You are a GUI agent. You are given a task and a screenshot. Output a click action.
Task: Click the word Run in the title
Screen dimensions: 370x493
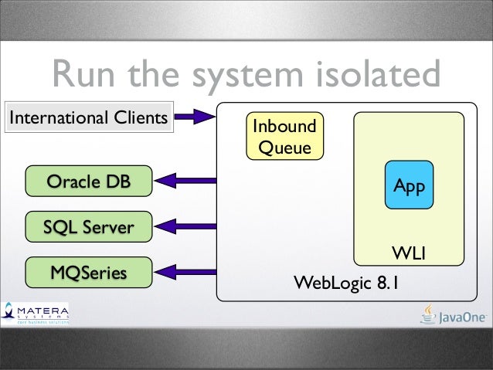(x=87, y=76)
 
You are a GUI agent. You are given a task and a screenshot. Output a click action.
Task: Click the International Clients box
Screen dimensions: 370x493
(x=88, y=118)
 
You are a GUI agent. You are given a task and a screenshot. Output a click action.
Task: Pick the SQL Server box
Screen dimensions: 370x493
(x=88, y=227)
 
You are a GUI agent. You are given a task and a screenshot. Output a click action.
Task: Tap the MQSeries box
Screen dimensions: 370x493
(x=88, y=272)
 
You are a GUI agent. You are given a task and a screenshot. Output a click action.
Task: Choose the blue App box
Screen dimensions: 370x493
(x=409, y=185)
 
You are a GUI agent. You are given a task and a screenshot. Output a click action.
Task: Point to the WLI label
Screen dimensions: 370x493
(x=410, y=253)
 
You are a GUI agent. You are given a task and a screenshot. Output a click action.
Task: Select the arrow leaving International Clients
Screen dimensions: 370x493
(x=195, y=117)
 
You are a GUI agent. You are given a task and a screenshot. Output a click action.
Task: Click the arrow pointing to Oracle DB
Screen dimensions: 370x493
(x=185, y=182)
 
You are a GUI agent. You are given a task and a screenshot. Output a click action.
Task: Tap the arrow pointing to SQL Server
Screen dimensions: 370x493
(x=185, y=227)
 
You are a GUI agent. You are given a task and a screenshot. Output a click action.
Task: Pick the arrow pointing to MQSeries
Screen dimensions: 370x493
(x=185, y=272)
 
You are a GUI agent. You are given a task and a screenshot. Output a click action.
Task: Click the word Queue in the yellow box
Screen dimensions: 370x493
(x=285, y=147)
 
